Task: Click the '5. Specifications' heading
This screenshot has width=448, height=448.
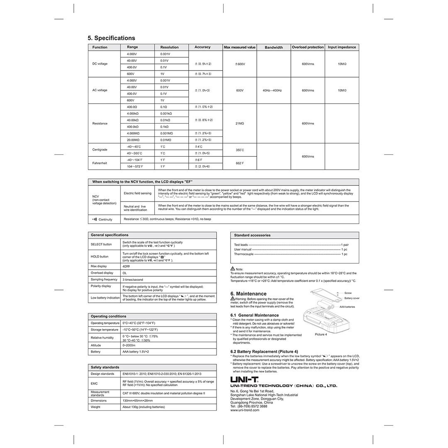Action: (x=111, y=38)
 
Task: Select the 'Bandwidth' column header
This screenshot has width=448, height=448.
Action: (x=273, y=47)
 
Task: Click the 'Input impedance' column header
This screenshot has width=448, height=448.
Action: (x=342, y=47)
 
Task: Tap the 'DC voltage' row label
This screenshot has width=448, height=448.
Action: (x=100, y=63)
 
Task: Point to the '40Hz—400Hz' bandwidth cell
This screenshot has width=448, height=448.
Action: (x=272, y=90)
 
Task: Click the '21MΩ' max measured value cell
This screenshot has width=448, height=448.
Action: (x=239, y=123)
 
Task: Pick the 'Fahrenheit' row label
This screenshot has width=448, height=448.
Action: (x=100, y=163)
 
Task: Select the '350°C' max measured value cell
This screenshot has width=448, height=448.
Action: (x=239, y=150)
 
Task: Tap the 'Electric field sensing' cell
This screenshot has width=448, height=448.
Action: (x=138, y=193)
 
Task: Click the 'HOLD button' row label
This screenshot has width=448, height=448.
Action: (x=100, y=256)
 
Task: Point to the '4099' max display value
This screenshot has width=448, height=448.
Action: (x=126, y=266)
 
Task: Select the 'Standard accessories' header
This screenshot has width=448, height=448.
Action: (x=252, y=235)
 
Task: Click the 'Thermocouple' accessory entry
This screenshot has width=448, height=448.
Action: (x=243, y=254)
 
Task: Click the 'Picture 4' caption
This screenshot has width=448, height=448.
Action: (x=321, y=334)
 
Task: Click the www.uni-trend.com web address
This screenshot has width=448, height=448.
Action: (x=245, y=410)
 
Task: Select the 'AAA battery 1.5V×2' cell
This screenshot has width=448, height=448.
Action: (x=136, y=352)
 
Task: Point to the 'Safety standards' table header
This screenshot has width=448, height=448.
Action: (x=105, y=367)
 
